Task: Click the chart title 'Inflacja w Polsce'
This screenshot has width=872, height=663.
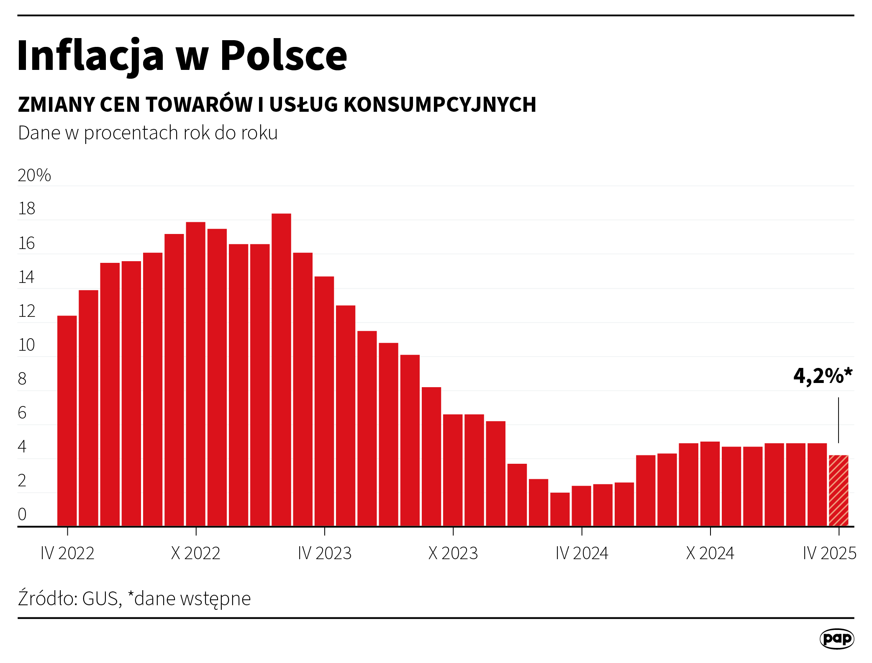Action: [x=182, y=56]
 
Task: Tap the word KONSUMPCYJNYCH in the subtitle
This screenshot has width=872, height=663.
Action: [x=440, y=105]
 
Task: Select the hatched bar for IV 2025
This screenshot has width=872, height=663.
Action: [x=839, y=490]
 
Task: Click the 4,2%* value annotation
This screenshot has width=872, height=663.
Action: [x=822, y=376]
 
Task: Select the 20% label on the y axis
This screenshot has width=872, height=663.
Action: [x=34, y=175]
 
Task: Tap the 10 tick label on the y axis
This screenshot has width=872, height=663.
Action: [x=26, y=345]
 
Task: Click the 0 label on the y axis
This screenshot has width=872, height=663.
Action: [x=22, y=514]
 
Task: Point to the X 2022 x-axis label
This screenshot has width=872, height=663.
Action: [x=195, y=553]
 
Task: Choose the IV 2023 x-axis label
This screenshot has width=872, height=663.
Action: [x=325, y=553]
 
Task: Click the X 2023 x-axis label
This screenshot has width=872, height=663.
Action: [x=453, y=553]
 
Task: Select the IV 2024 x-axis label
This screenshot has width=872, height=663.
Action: [x=582, y=553]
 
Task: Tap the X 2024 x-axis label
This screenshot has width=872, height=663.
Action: [x=710, y=553]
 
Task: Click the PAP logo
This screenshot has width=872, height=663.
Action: [x=836, y=639]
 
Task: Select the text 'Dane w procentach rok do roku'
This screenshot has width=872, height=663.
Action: [x=148, y=133]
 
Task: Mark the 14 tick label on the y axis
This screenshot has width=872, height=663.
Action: [x=26, y=278]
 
